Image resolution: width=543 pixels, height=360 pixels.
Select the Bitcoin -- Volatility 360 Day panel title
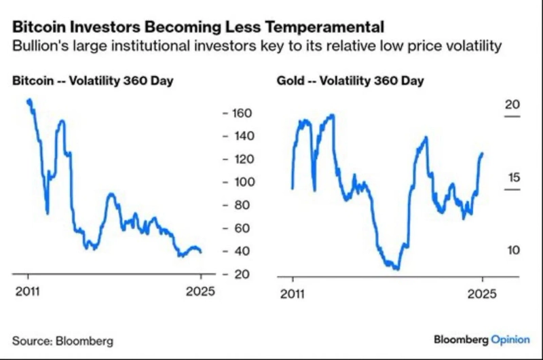[x=93, y=82]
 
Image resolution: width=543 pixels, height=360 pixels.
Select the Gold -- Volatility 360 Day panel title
[x=350, y=82]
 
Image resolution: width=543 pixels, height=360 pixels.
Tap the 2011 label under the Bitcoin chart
[x=28, y=293]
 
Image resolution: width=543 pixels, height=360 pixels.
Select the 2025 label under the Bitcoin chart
[x=201, y=293]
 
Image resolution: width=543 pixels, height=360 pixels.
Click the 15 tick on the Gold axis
[x=512, y=177]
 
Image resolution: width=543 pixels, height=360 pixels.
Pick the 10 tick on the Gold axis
[x=512, y=251]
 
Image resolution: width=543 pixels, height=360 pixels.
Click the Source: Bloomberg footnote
[x=62, y=340]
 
